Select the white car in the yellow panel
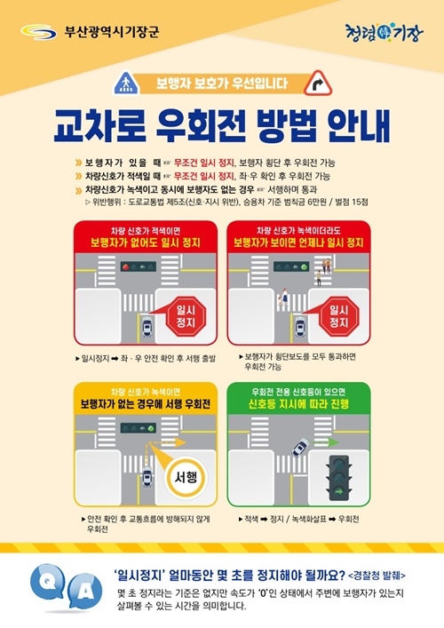pyautogui.click(x=145, y=485)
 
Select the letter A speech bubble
pyautogui.click(x=78, y=593)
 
